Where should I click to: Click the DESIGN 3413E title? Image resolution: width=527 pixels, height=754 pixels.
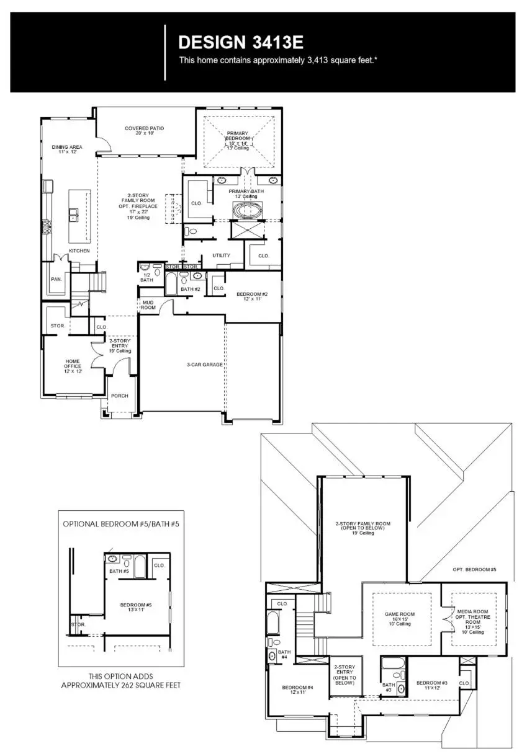(x=240, y=42)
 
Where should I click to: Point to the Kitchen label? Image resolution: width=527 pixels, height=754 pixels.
(x=79, y=251)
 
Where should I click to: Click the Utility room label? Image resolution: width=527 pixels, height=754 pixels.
(x=221, y=255)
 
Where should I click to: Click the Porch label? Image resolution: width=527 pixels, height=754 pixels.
(x=119, y=396)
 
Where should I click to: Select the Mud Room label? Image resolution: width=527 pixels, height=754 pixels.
(x=148, y=305)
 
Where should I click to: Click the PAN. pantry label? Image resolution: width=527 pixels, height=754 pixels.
(x=56, y=279)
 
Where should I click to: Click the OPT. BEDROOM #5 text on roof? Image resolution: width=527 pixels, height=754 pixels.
(x=475, y=569)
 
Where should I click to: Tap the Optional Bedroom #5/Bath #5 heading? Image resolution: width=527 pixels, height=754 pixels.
(x=120, y=523)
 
